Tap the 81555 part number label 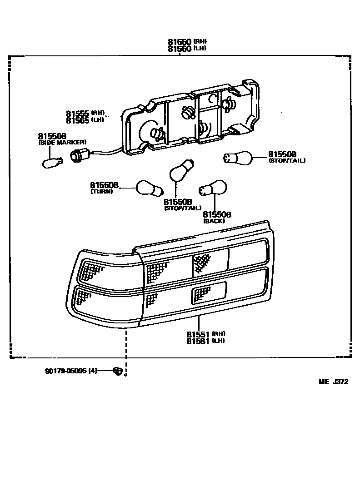tap(77, 114)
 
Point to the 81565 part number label tap(77, 120)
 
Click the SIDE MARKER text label tap(62, 143)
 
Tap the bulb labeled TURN tap(150, 188)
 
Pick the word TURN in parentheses tap(101, 192)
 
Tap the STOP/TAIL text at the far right tap(287, 161)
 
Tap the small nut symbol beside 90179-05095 tap(118, 371)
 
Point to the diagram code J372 tap(340, 382)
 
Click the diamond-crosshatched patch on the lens tap(201, 263)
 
